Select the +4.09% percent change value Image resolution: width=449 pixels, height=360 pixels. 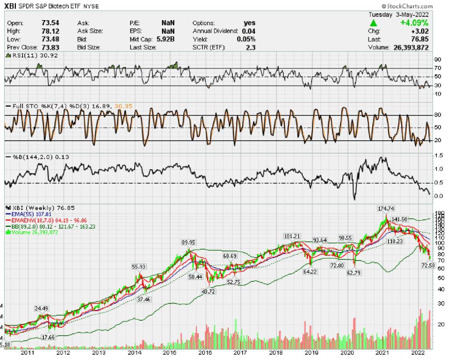[415, 22]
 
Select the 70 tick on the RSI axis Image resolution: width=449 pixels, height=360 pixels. [437, 68]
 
